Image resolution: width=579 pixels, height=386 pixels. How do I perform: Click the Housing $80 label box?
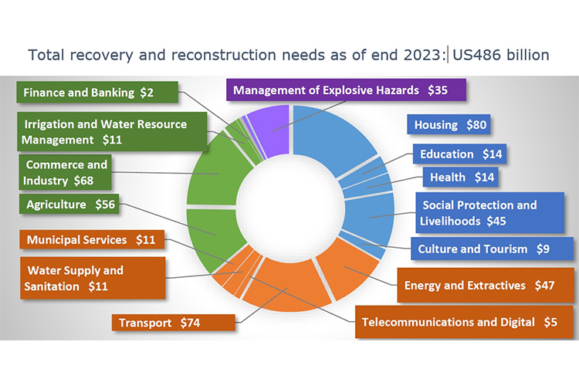[x=449, y=124]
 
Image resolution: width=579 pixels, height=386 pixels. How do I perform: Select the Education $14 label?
[x=459, y=154]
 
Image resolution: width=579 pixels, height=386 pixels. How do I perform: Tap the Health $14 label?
[x=460, y=178]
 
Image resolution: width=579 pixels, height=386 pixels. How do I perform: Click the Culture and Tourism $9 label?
[x=492, y=249]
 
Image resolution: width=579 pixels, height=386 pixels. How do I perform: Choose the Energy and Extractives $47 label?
[x=486, y=285]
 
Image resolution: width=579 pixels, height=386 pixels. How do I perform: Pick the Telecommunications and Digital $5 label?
[x=464, y=322]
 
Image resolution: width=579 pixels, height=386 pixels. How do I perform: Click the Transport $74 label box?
[x=173, y=323]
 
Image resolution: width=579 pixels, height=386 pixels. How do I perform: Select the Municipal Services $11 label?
[x=92, y=240]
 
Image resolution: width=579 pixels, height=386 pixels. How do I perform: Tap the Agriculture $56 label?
[x=69, y=204]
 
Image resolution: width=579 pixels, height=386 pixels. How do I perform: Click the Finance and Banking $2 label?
[x=97, y=92]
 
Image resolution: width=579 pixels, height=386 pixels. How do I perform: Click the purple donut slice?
[x=269, y=129]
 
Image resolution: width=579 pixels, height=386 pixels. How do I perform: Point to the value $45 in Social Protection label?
[x=496, y=221]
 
